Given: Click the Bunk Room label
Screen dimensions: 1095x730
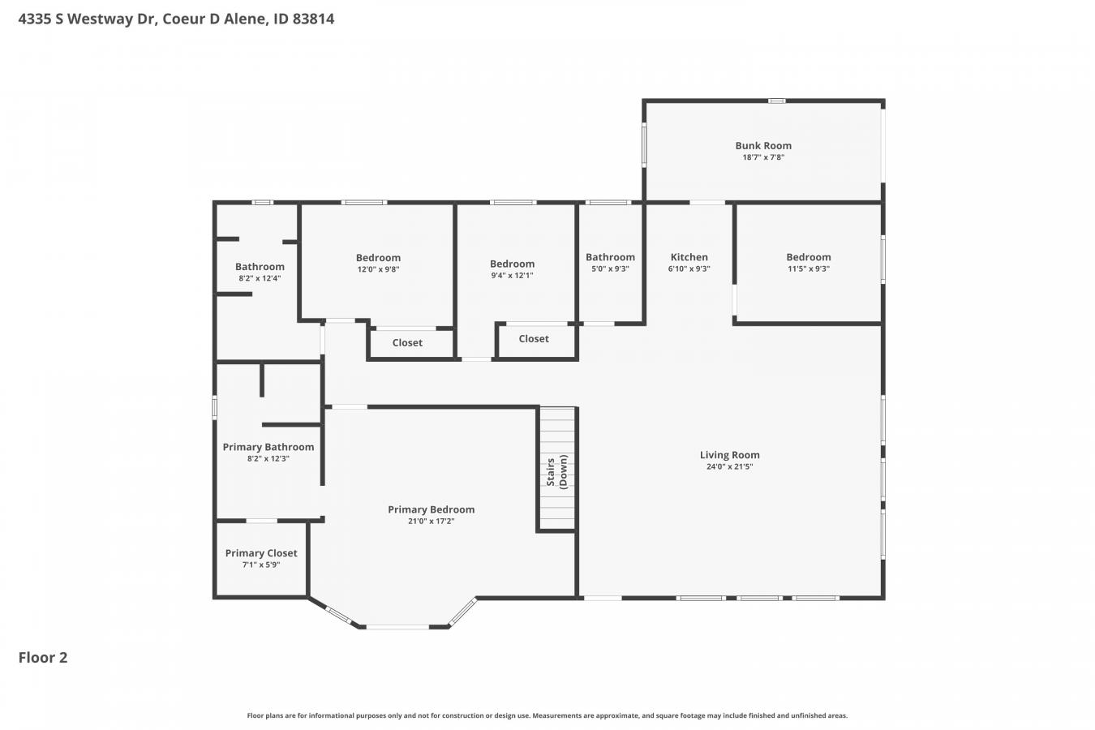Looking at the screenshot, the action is pyautogui.click(x=763, y=145).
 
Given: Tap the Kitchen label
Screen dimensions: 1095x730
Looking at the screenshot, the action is pyautogui.click(x=689, y=256).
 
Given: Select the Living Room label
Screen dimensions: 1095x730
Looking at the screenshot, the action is pyautogui.click(x=729, y=455).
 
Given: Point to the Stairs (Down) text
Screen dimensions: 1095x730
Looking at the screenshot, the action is pyautogui.click(x=556, y=472).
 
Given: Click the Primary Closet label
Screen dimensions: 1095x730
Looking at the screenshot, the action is pyautogui.click(x=261, y=553).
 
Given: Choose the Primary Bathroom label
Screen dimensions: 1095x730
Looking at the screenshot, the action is pyautogui.click(x=268, y=447).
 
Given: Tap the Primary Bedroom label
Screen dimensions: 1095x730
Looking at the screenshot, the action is pyautogui.click(x=432, y=509).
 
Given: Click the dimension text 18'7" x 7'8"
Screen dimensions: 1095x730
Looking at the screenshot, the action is pyautogui.click(x=763, y=157).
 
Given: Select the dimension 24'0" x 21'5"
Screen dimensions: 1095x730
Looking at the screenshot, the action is pyautogui.click(x=729, y=466).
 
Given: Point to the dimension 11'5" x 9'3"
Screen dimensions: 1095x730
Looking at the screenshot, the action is pyautogui.click(x=808, y=268).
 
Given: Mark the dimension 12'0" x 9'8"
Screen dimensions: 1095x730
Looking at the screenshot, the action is pyautogui.click(x=378, y=269).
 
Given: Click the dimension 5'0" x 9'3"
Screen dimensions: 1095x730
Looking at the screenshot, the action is pyautogui.click(x=610, y=268).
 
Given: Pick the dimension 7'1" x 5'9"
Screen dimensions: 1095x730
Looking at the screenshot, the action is pyautogui.click(x=261, y=565).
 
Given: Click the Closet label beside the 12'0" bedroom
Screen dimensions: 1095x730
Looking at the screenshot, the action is pyautogui.click(x=407, y=343).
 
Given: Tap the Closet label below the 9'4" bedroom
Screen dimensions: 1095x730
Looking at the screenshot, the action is pyautogui.click(x=534, y=339).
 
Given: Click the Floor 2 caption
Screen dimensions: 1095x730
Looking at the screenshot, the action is pyautogui.click(x=43, y=658).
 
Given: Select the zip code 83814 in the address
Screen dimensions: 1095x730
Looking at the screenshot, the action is pyautogui.click(x=313, y=19).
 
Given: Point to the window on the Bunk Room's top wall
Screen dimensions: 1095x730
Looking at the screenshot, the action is pyautogui.click(x=777, y=101).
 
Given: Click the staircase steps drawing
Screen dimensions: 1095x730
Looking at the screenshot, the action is pyautogui.click(x=556, y=468).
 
